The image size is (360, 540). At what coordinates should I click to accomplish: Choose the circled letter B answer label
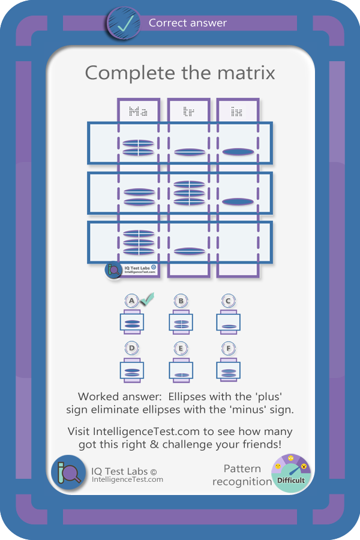(180, 301)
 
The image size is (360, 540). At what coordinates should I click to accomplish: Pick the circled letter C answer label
(227, 301)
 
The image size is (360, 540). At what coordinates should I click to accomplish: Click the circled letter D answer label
(132, 349)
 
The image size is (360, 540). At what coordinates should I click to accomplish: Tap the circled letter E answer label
(180, 349)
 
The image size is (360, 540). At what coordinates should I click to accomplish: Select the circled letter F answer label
(227, 349)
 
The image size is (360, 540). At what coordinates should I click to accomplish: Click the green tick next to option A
(146, 297)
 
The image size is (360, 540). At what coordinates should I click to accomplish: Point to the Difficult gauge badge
(290, 473)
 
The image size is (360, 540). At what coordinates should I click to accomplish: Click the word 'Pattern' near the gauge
(242, 469)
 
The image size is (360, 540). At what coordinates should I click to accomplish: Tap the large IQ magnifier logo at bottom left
(68, 473)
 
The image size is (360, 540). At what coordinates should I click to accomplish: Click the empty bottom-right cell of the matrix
(238, 243)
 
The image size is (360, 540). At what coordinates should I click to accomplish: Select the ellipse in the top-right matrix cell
(238, 152)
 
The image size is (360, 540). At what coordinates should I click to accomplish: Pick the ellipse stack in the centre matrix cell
(188, 193)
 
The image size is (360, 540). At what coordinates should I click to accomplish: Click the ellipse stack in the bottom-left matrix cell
(139, 242)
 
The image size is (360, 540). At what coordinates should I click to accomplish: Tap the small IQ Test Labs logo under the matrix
(114, 271)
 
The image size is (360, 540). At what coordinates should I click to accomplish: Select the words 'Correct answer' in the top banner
(188, 23)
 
